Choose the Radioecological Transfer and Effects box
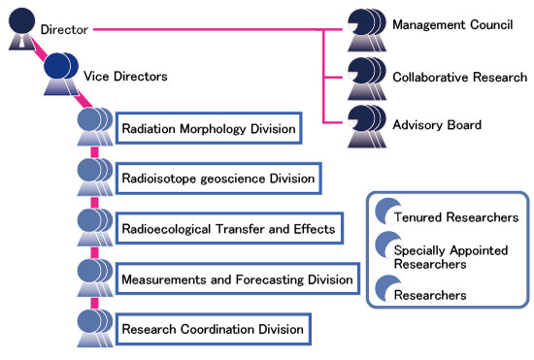coord(228,229)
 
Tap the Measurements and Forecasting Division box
coord(238,280)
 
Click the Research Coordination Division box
coord(213,330)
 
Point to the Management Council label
coord(451,24)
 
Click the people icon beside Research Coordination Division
coord(94,330)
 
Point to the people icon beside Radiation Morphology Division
coord(94,127)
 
